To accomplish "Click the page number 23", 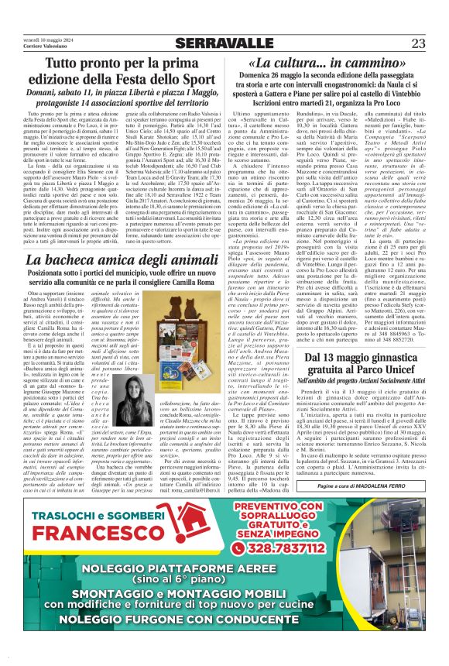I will tap(418, 43).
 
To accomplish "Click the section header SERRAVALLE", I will tap(224, 43).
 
